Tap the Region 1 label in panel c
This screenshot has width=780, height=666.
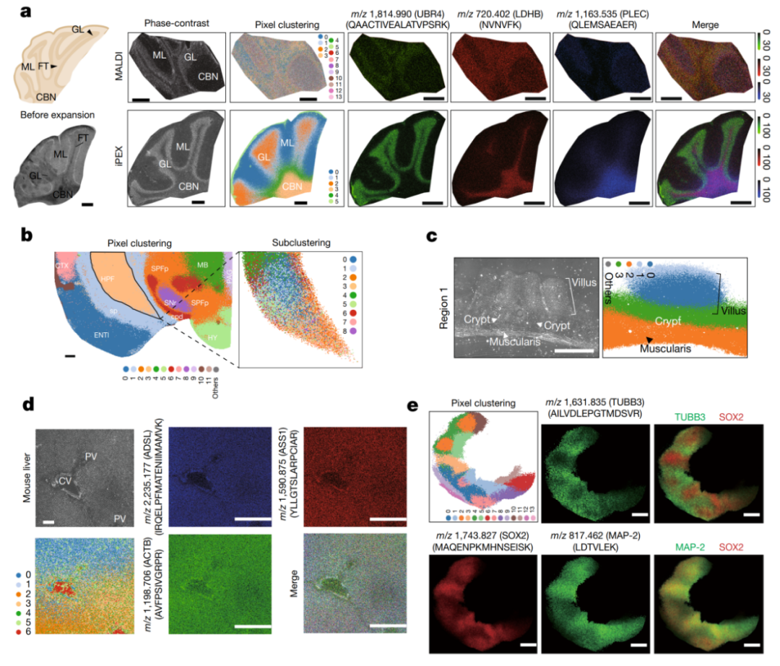(441, 306)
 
